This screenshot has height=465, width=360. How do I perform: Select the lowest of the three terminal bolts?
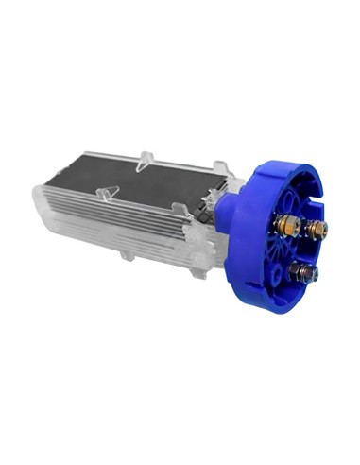pyautogui.click(x=303, y=274)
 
